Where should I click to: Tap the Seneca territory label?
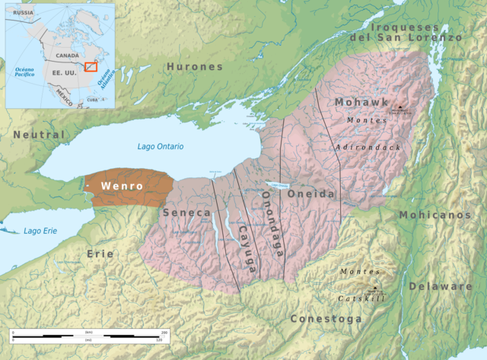tap(186, 213)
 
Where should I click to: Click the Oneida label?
tap(310, 194)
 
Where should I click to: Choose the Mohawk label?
tap(361, 102)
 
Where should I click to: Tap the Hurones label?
tap(195, 67)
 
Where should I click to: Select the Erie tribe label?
tap(100, 253)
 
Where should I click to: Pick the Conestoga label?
tap(326, 319)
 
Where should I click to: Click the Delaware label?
tap(440, 286)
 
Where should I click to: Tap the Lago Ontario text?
tap(161, 146)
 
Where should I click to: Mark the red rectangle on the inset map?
tap(91, 68)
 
